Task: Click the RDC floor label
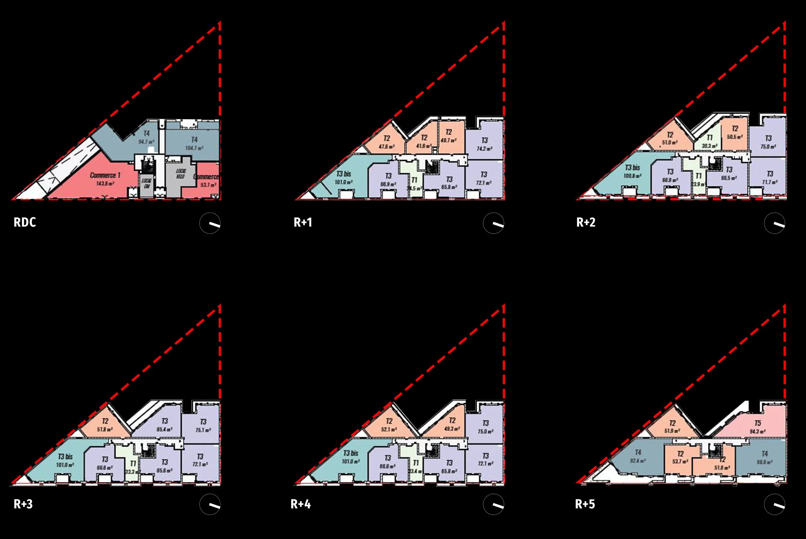pos(25,222)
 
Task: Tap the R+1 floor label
pos(303,222)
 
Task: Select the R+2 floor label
pos(585,222)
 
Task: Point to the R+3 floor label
pos(23,504)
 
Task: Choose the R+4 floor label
pos(301,504)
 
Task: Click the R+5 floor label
pos(585,504)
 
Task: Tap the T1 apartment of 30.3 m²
pos(709,142)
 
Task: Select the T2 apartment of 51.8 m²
pos(105,425)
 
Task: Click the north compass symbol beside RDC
pos(210,224)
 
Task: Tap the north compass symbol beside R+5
pos(774,505)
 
